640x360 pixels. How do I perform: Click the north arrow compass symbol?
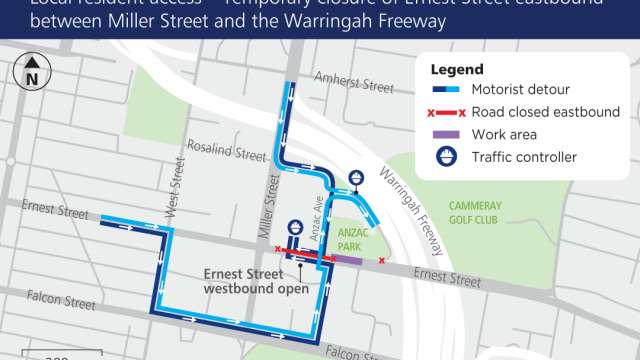(x=32, y=72)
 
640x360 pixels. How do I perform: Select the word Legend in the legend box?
(x=457, y=70)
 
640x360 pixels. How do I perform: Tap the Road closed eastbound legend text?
(x=546, y=112)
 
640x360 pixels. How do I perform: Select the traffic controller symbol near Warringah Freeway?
(x=356, y=179)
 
